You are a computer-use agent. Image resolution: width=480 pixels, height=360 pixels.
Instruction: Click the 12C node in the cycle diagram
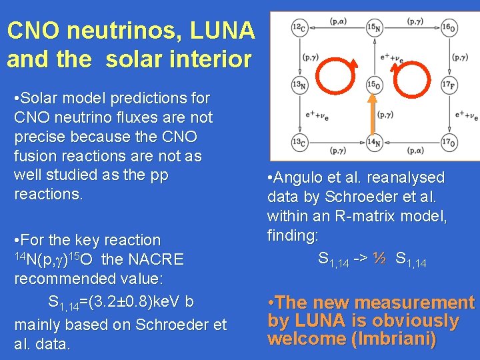[x=299, y=27]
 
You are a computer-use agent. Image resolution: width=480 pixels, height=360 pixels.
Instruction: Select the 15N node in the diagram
[x=375, y=27]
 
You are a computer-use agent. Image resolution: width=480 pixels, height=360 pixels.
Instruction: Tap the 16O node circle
[x=449, y=27]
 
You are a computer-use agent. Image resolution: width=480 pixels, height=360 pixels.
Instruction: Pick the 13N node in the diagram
[x=299, y=85]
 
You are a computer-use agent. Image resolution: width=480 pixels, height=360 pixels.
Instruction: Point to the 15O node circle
[x=375, y=85]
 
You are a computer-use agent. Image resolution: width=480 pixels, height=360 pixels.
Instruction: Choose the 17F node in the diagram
[x=449, y=85]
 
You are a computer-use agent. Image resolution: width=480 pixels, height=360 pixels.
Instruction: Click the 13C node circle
[x=299, y=141]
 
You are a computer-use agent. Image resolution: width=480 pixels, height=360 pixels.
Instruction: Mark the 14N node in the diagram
[x=375, y=141]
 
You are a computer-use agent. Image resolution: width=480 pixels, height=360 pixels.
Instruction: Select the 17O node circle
[x=449, y=141]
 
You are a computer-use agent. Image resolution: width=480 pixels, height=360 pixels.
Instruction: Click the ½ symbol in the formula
[x=379, y=257]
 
